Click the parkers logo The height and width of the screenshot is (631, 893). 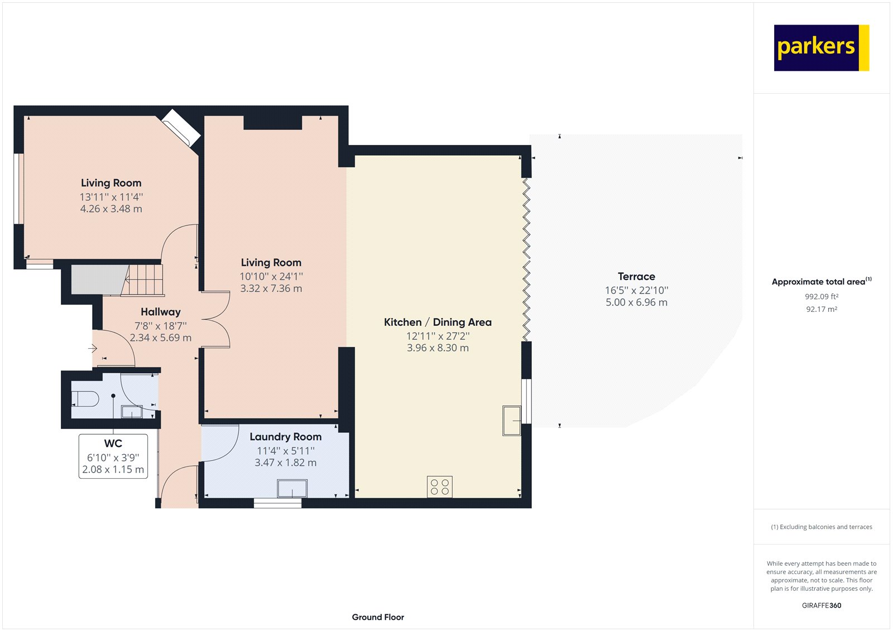(x=821, y=47)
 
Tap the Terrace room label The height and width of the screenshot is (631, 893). (x=636, y=276)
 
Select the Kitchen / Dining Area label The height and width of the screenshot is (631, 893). (x=438, y=322)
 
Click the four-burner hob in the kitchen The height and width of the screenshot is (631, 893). (x=439, y=487)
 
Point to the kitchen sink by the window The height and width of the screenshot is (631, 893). (x=512, y=420)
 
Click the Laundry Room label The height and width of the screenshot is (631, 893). (x=285, y=436)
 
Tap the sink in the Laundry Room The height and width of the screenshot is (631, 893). (x=292, y=489)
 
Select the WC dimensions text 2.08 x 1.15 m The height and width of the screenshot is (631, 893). (x=113, y=470)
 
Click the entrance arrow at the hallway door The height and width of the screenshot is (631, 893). (x=93, y=348)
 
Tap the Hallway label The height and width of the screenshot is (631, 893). (x=160, y=312)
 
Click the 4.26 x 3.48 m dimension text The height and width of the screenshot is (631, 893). (x=111, y=209)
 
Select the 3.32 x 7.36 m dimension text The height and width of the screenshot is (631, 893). (x=271, y=288)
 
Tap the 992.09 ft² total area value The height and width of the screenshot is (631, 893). (x=821, y=297)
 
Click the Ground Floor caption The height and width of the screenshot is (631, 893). (x=378, y=617)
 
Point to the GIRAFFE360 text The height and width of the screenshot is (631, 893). (x=821, y=605)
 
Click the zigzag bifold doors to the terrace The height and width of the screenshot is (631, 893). (x=526, y=259)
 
